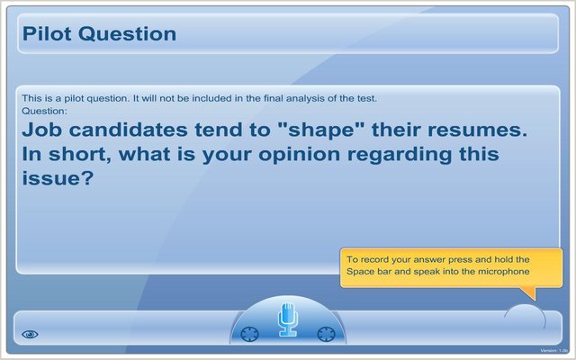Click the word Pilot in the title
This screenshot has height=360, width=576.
click(x=47, y=33)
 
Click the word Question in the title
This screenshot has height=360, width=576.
click(x=127, y=34)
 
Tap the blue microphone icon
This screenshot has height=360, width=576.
click(x=288, y=319)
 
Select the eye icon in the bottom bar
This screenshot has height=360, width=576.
click(x=30, y=334)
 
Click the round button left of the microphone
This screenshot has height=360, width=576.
click(x=250, y=334)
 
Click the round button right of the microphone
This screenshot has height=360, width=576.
click(x=326, y=334)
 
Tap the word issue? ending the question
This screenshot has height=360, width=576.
click(x=58, y=178)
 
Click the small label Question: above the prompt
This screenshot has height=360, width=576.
click(x=44, y=111)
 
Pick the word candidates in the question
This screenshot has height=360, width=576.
click(x=128, y=130)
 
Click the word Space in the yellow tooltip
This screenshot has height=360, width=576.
click(x=358, y=272)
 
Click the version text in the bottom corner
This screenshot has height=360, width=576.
click(x=557, y=351)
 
